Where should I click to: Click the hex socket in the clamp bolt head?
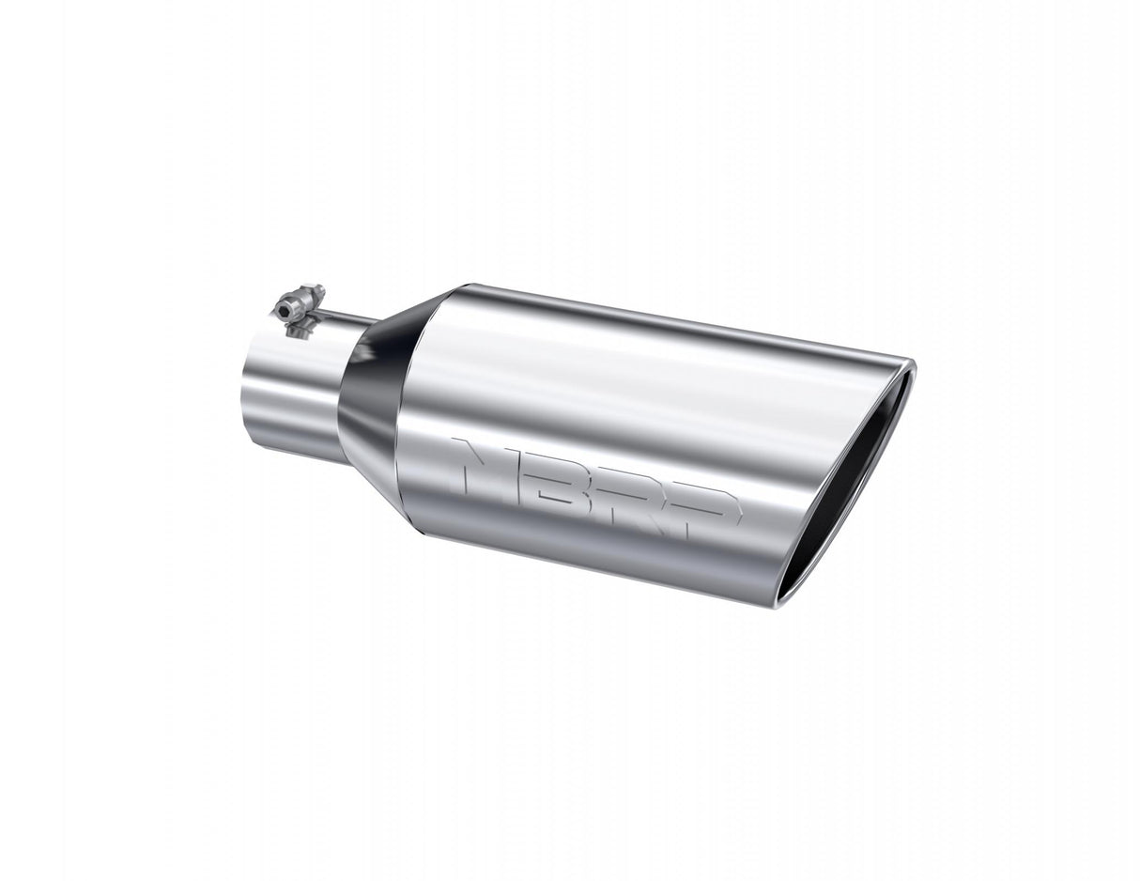[285, 311]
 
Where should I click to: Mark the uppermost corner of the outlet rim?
[914, 362]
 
